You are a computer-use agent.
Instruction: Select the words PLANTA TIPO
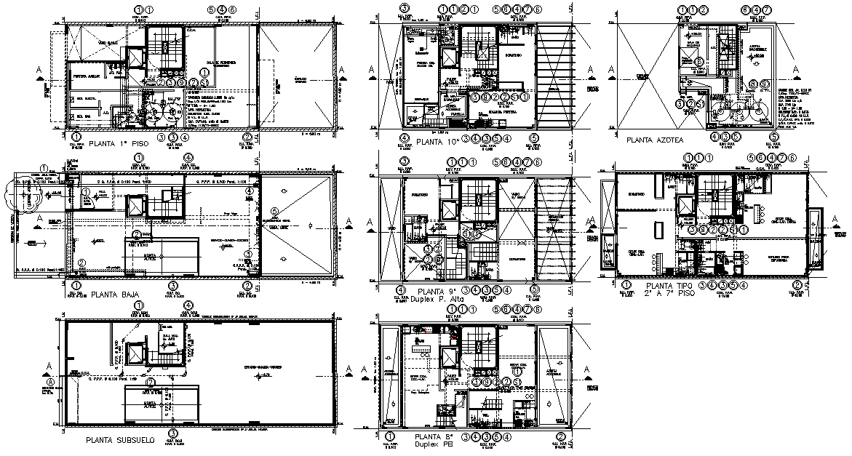[x=664, y=286]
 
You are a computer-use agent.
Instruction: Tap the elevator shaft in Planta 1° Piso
[x=136, y=57]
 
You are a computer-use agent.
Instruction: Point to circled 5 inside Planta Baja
[x=274, y=212]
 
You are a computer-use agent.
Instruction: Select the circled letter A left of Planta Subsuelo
[x=50, y=381]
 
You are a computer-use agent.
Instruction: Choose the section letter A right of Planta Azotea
[x=798, y=70]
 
